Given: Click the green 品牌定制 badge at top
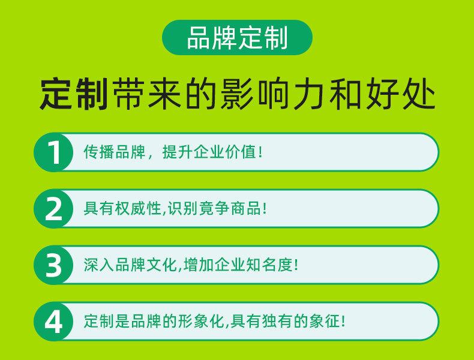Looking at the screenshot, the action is click(x=238, y=37).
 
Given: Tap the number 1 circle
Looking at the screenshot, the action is click(x=53, y=152).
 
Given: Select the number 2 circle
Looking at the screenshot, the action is click(x=53, y=209).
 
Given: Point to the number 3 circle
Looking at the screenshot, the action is click(x=53, y=265).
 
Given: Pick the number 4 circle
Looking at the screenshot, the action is click(x=53, y=322).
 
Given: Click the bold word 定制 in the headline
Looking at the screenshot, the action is click(x=74, y=94).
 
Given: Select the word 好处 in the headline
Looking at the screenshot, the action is click(x=401, y=94).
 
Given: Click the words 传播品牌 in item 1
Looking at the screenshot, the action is click(x=114, y=152).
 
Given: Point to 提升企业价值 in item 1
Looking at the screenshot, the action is click(x=209, y=152).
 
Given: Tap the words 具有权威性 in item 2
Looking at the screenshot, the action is click(x=122, y=208).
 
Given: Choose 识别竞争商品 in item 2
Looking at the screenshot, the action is click(x=215, y=208).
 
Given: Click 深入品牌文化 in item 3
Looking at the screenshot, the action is click(x=130, y=265).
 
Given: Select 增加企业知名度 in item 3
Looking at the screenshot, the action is click(x=238, y=265).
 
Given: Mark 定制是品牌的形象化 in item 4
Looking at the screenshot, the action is click(x=154, y=321).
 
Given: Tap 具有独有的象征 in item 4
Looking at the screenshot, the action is click(x=285, y=321).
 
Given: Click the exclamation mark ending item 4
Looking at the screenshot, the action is click(x=343, y=321).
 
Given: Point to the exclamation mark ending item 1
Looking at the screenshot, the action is click(x=260, y=152).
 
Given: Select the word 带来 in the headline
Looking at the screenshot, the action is click(x=146, y=94).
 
